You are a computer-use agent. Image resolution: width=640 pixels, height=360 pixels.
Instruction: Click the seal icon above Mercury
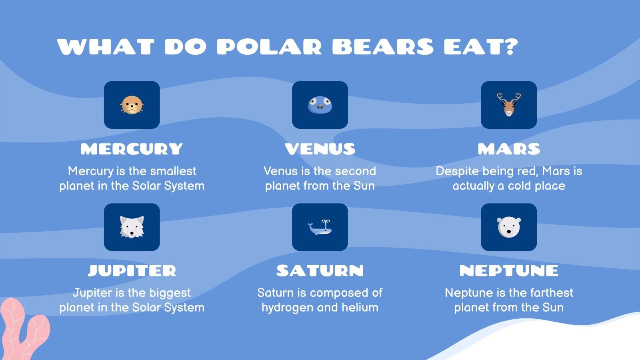coord(132,105)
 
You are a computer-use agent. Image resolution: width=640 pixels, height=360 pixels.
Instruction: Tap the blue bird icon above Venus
coord(320,105)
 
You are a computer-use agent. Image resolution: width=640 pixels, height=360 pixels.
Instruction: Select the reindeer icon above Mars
coord(509,104)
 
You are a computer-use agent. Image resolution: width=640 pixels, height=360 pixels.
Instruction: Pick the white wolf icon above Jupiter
coord(132,227)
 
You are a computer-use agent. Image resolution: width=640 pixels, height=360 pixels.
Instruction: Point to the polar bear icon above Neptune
coord(509,227)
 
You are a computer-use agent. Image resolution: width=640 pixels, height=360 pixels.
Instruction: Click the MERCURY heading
coord(132,149)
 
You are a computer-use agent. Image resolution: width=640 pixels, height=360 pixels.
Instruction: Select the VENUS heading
coord(320,149)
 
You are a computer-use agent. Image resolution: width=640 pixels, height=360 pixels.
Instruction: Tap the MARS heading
coord(509,149)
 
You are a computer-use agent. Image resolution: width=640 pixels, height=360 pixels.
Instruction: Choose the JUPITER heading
coord(132,271)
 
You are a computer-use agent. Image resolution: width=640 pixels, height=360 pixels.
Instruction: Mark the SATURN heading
coord(320,271)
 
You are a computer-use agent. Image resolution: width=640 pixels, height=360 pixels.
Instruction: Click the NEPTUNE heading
coord(509,271)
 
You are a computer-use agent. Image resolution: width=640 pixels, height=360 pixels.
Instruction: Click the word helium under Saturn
coord(360,307)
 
